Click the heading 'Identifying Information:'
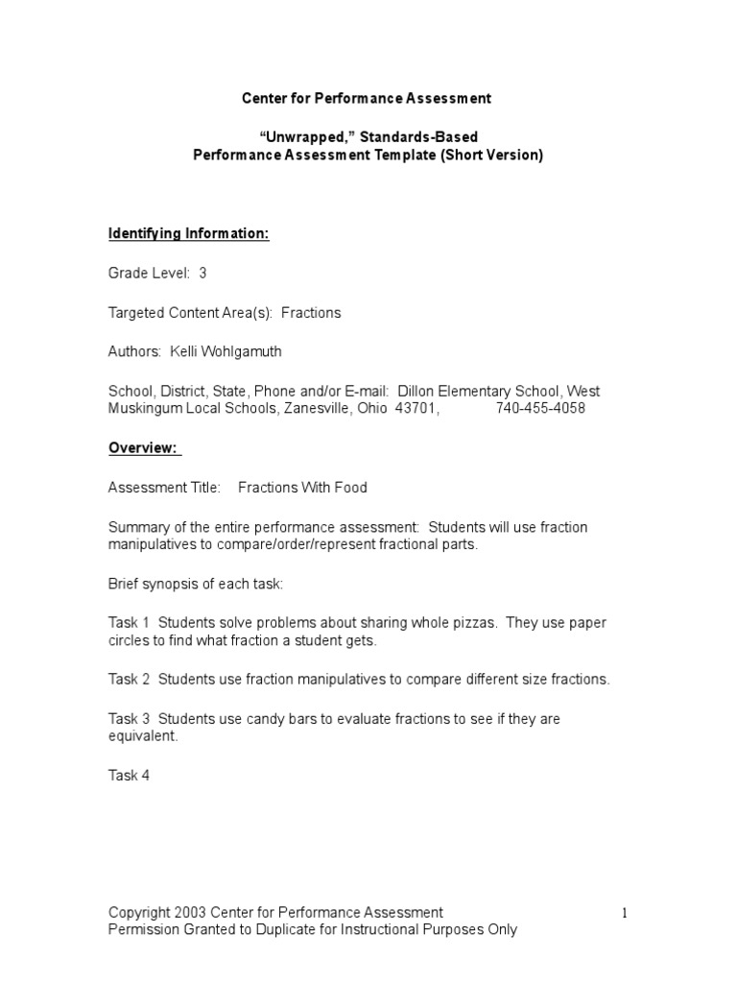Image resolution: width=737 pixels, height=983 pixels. (188, 233)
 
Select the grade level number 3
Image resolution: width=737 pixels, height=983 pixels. (202, 273)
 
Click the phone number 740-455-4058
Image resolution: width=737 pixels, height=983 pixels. (540, 408)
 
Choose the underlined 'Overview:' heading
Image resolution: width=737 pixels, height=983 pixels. (142, 447)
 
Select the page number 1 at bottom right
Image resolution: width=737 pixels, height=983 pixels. (623, 913)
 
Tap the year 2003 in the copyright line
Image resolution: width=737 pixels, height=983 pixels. (191, 912)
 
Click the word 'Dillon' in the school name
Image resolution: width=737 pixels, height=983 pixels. (416, 391)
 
